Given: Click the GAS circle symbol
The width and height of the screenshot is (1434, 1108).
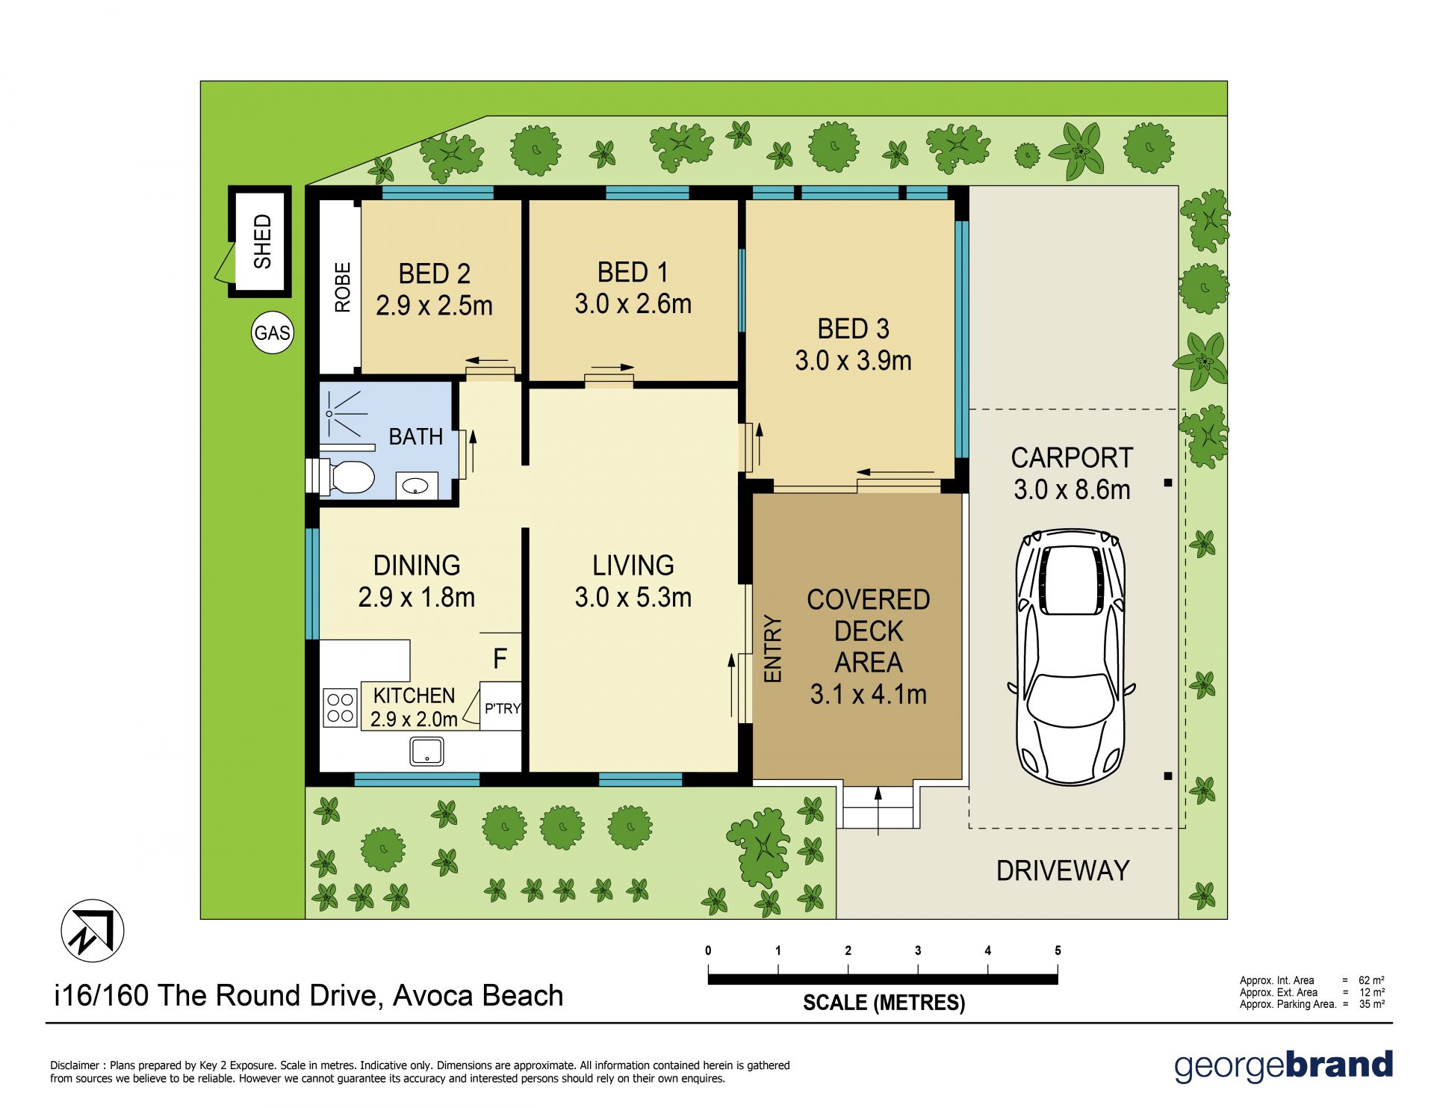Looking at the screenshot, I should [272, 332].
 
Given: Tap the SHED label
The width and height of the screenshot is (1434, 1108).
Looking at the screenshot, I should [262, 241].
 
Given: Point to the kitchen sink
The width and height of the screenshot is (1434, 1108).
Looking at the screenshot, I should [426, 751].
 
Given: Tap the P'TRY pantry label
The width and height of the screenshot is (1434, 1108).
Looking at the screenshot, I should [502, 708].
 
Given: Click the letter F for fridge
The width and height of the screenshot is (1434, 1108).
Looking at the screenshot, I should [500, 658].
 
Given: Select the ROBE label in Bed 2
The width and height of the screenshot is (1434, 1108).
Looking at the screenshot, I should [342, 287].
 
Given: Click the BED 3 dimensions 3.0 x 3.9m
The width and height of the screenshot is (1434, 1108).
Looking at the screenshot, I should [853, 361].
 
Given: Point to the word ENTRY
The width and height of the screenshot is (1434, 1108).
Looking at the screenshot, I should [772, 649].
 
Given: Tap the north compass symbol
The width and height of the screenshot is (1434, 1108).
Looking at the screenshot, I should [92, 931].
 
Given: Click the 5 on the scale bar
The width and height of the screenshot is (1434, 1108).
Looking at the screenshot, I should [1058, 950].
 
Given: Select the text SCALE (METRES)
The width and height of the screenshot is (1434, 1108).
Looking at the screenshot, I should [884, 1003].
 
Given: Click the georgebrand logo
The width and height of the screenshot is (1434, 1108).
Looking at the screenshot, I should [1283, 1066].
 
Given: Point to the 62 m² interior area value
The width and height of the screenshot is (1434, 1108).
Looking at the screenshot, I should [1371, 980].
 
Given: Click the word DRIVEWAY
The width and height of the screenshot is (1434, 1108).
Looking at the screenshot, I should [1062, 870].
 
